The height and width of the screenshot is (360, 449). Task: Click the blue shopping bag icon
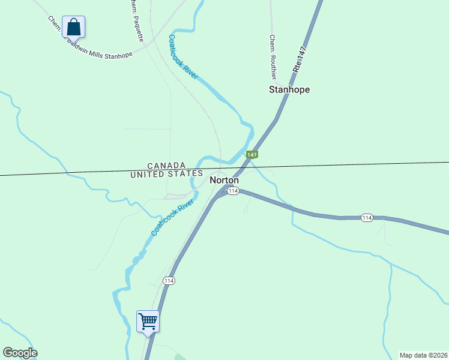click(73, 27)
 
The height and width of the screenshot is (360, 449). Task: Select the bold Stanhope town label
click(289, 90)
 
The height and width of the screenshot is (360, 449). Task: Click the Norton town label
click(224, 180)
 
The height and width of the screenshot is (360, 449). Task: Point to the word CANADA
click(167, 166)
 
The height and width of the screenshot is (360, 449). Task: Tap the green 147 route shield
click(252, 155)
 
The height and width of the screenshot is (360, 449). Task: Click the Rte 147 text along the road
click(300, 59)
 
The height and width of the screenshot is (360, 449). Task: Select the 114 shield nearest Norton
click(234, 191)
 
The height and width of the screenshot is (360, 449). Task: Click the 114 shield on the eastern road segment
click(367, 217)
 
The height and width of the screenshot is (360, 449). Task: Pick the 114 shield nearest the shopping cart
click(169, 281)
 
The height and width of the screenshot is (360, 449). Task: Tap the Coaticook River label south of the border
click(174, 215)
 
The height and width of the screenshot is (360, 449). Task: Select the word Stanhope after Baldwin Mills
click(119, 55)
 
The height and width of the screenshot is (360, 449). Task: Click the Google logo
click(20, 353)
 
